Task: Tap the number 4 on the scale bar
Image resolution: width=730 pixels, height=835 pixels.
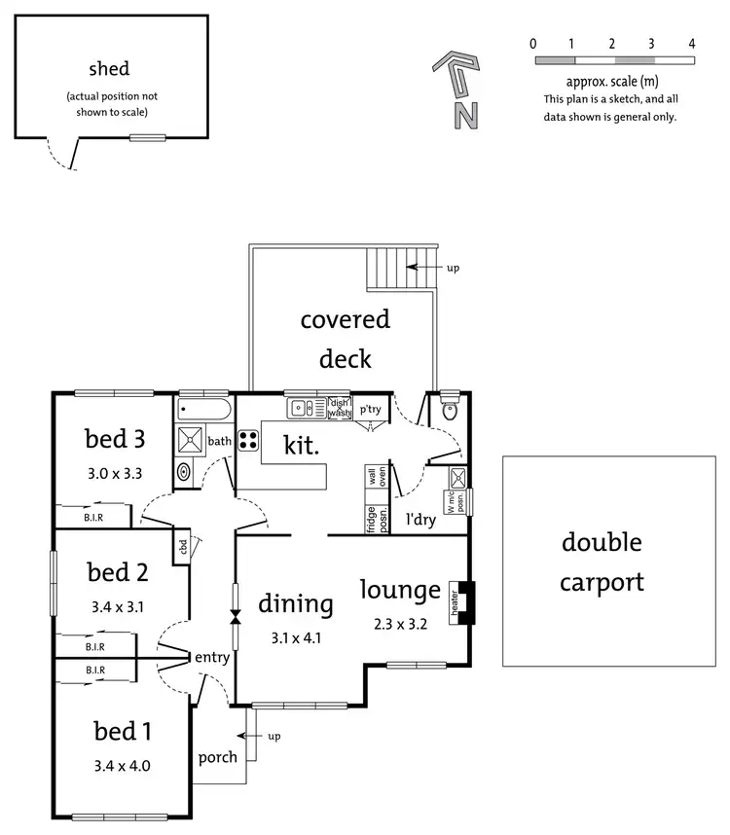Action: [691, 44]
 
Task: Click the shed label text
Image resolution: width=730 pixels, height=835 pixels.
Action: [109, 68]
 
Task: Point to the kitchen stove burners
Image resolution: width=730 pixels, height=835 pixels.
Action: [247, 440]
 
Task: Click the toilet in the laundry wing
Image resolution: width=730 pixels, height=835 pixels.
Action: [449, 410]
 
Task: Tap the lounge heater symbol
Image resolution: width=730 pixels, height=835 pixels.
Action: [455, 601]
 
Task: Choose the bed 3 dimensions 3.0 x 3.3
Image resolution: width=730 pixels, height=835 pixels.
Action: [114, 475]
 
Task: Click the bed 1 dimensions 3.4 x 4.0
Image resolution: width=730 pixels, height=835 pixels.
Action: [122, 765]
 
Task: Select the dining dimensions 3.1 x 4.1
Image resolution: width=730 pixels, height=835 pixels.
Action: [296, 638]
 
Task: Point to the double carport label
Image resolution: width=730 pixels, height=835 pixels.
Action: [602, 562]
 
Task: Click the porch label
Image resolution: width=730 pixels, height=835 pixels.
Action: [217, 757]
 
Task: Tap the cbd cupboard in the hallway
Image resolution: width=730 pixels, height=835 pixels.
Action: [182, 548]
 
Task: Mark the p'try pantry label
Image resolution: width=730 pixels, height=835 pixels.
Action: [369, 410]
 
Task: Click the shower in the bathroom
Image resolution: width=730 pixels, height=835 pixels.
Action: [190, 440]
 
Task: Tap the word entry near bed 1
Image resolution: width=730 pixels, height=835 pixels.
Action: [212, 658]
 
